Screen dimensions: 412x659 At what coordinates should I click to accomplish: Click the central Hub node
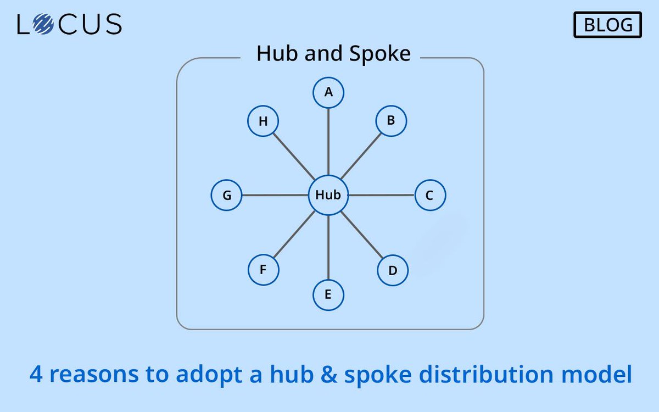click(x=328, y=195)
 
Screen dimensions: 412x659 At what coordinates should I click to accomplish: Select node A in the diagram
click(x=328, y=92)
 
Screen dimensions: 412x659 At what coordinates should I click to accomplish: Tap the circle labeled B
click(x=391, y=121)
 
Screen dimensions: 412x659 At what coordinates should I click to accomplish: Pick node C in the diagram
click(x=430, y=195)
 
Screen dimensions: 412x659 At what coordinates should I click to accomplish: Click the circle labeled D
click(x=393, y=270)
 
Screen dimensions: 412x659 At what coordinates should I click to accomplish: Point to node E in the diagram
click(x=328, y=295)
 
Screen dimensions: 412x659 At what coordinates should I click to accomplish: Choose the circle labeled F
click(x=263, y=270)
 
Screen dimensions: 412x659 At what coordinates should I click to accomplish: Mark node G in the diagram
click(x=227, y=195)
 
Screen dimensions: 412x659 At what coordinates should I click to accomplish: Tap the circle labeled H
click(x=263, y=121)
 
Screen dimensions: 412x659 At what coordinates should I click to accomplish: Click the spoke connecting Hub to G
click(x=275, y=195)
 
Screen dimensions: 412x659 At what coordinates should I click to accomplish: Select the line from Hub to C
click(x=382, y=195)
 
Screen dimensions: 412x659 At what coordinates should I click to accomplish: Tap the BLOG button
click(x=608, y=25)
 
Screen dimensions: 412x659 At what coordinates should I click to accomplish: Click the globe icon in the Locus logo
click(x=42, y=24)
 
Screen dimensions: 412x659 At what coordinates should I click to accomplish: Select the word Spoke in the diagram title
click(x=381, y=54)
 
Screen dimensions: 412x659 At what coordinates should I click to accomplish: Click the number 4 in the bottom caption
click(x=36, y=375)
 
